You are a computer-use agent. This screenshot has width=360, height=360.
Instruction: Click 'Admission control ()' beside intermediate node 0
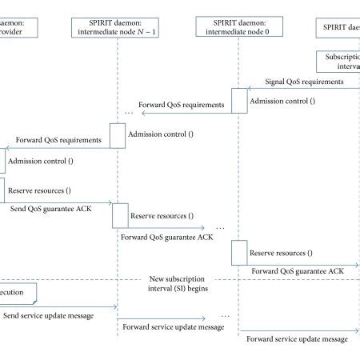[283, 102]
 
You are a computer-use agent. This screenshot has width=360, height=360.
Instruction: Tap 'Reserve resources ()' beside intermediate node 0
[281, 253]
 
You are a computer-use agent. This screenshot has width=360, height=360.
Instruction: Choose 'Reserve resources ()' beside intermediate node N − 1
[162, 216]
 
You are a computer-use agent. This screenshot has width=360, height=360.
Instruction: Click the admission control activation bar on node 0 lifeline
[239, 100]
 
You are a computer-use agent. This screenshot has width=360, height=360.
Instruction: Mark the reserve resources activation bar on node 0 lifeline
[239, 253]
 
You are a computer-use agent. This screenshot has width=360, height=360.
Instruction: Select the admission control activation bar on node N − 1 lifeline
[118, 134]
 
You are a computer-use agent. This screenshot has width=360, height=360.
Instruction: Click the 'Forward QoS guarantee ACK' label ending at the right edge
[298, 272]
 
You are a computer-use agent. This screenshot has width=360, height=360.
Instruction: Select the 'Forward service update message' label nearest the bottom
[297, 339]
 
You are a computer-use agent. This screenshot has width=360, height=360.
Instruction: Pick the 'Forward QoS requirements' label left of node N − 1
[58, 140]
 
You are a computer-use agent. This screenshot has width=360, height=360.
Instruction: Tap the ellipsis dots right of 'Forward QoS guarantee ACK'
[220, 229]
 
